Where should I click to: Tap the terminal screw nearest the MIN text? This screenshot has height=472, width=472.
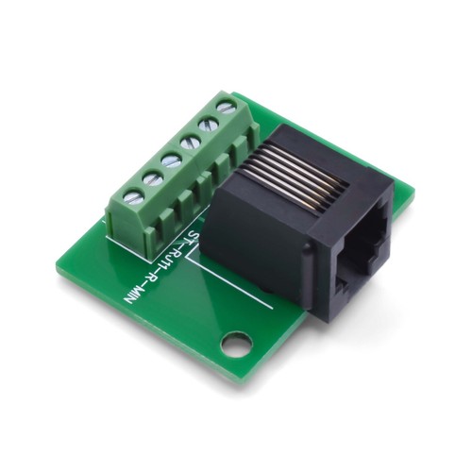132,196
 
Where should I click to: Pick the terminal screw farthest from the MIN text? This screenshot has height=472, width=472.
226,107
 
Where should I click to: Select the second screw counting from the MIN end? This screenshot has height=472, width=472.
152,177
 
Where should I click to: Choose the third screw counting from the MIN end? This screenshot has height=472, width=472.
172,160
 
